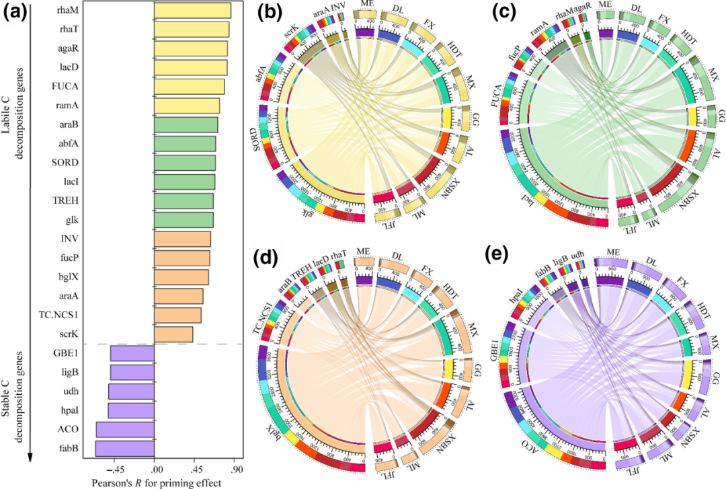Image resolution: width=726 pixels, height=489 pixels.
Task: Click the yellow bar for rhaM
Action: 193,11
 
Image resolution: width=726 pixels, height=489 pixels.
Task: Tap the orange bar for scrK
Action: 173,334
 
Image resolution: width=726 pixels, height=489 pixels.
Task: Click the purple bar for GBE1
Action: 132,353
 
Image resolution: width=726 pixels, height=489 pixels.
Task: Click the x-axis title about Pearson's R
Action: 155,482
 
